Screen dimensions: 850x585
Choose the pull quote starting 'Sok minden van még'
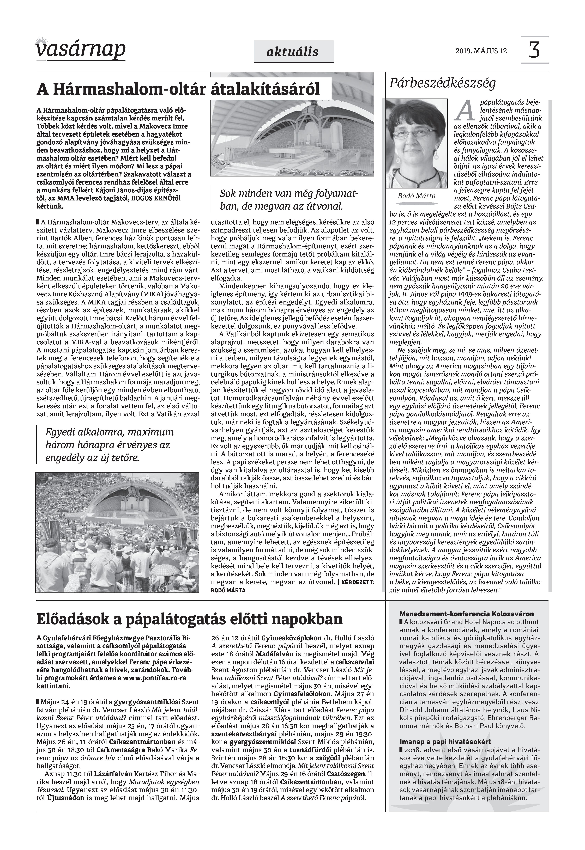tap(288, 200)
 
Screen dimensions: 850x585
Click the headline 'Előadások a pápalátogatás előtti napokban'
tap(190, 619)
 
